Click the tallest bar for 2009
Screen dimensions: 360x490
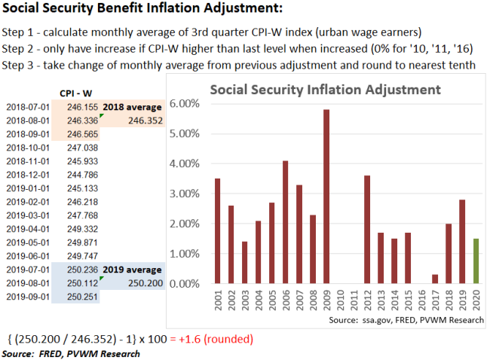click(x=326, y=197)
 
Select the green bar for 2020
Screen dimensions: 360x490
click(x=476, y=261)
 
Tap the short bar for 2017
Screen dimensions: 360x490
click(x=435, y=279)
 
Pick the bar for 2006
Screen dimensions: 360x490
click(x=286, y=222)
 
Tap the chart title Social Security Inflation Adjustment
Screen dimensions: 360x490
click(x=325, y=89)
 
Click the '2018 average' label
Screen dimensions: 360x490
click(x=133, y=108)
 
